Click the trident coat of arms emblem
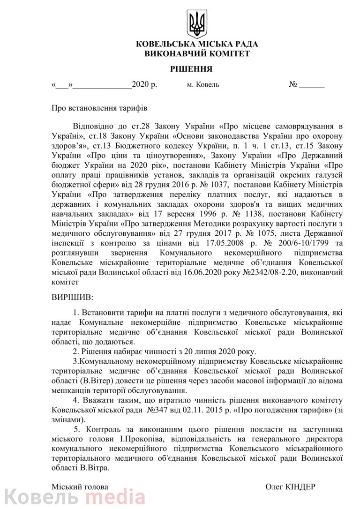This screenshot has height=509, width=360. (196, 24)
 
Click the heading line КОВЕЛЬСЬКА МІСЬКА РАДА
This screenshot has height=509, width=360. (196, 44)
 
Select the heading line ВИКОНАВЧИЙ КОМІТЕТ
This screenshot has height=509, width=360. (197, 53)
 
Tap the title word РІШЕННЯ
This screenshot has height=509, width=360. (191, 69)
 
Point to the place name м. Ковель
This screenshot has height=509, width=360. (202, 85)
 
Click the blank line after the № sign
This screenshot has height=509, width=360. (312, 85)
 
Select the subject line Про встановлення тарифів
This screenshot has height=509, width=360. (99, 108)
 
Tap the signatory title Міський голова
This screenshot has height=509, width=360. (80, 487)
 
